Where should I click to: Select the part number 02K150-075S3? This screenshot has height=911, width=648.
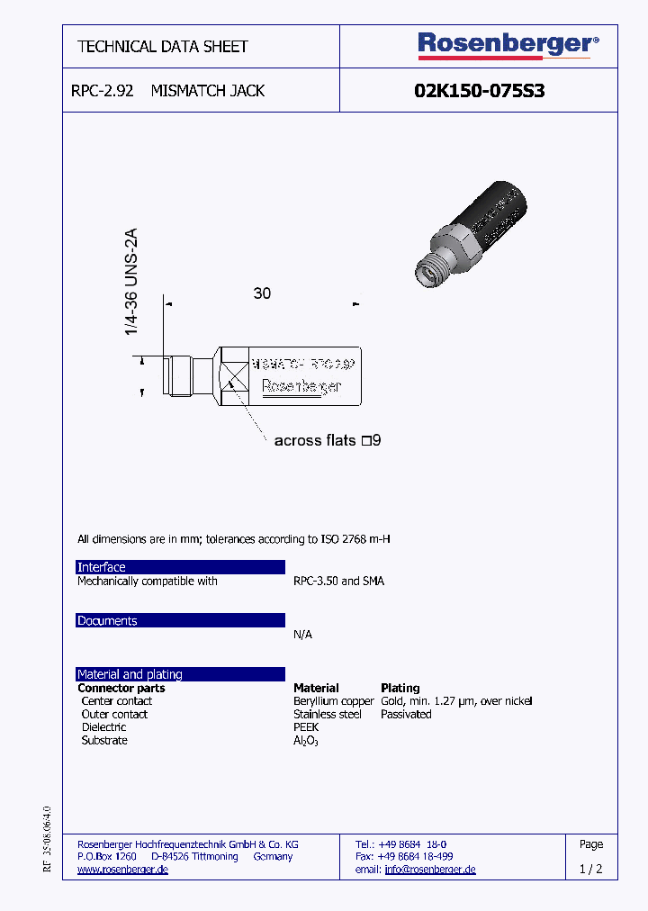click(x=479, y=91)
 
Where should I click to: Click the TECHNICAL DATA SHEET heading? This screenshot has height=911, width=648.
click(x=163, y=46)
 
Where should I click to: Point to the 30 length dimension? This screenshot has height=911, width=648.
click(x=262, y=293)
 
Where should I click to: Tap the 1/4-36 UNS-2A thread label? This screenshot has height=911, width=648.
click(x=132, y=283)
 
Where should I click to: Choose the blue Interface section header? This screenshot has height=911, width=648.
click(x=180, y=567)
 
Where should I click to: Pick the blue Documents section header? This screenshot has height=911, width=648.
click(x=180, y=621)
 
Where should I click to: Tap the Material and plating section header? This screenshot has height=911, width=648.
click(x=180, y=674)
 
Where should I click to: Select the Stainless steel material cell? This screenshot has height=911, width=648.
click(x=328, y=714)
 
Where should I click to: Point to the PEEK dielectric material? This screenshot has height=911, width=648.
click(x=306, y=727)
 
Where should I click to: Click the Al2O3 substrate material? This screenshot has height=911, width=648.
click(x=306, y=741)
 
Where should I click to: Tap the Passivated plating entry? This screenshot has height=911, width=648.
click(x=406, y=714)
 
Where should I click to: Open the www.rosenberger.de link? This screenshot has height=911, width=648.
click(x=122, y=870)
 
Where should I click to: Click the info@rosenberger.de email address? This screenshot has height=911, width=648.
click(x=429, y=870)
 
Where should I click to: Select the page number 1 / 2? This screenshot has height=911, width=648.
click(x=590, y=870)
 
